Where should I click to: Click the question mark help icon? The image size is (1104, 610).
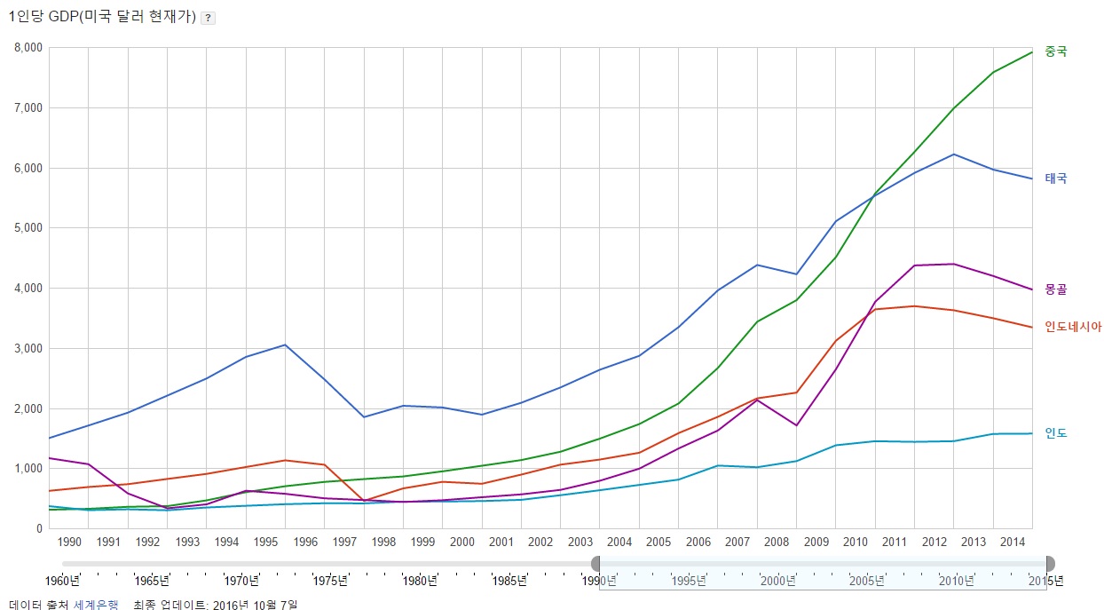pos(208,18)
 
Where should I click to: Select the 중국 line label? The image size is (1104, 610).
pos(1056,51)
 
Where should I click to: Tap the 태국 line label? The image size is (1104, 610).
pos(1056,178)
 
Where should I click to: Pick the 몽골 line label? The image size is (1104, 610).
pos(1056,289)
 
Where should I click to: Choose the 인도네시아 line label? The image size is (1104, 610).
pos(1073,327)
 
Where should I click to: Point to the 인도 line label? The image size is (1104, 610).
pos(1056,433)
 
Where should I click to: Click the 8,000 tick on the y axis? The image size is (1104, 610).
pos(28,48)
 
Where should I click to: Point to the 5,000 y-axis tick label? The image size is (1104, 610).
pos(28,228)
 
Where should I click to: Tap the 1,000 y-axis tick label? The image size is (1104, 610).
pos(28,469)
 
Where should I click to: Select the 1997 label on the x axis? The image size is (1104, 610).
pos(344,542)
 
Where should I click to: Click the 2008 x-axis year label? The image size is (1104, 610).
pos(777,542)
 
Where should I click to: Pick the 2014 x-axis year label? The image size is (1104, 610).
pos(1013,542)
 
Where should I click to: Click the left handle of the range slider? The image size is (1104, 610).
pos(596,563)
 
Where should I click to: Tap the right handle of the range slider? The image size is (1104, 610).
pos(1050,563)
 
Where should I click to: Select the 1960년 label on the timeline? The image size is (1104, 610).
pos(62,582)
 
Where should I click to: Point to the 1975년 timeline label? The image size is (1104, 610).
pos(330,582)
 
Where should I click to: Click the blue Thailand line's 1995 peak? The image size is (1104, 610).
pos(285,345)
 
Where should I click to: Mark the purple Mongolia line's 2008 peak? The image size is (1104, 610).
pos(757,400)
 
